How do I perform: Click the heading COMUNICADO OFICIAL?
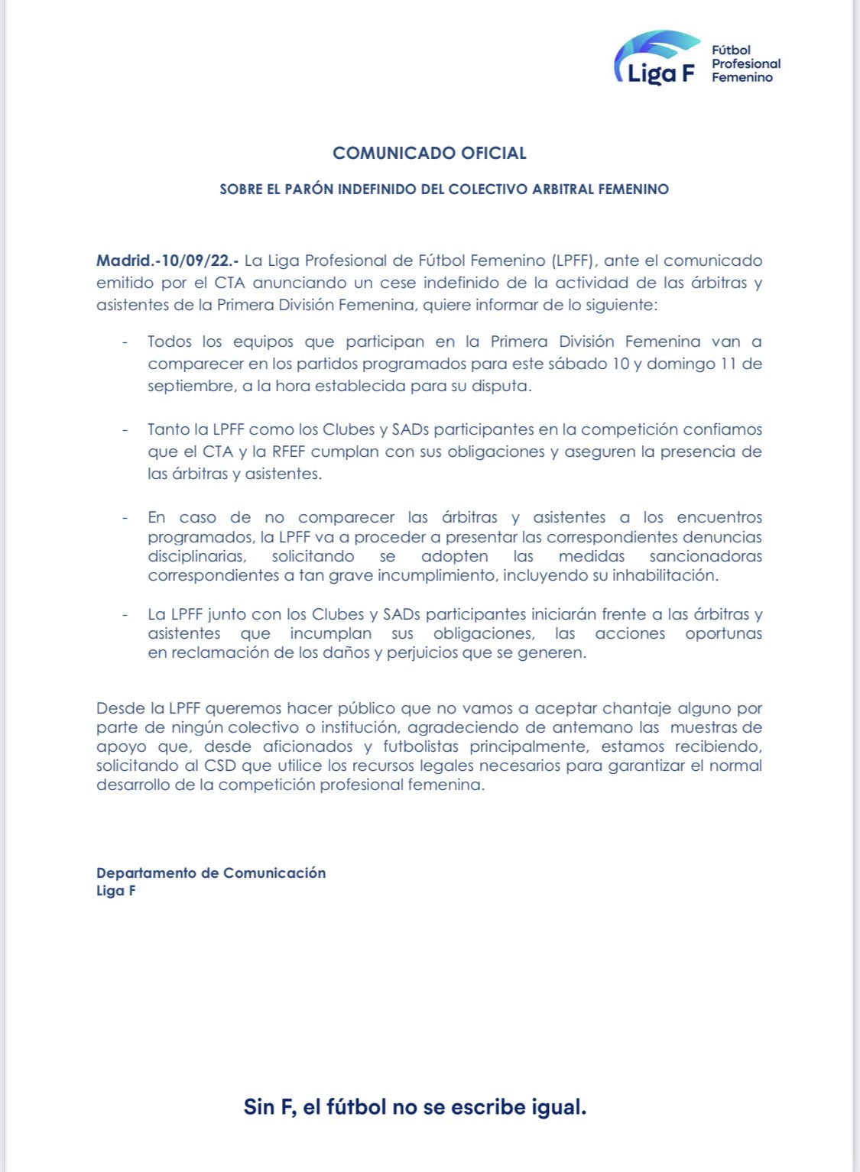point(430,153)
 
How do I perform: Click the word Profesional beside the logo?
point(746,63)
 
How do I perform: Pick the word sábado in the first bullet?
point(579,364)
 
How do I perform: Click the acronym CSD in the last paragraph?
point(220,766)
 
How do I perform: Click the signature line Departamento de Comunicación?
point(211,873)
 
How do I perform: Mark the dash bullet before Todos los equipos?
point(125,342)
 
